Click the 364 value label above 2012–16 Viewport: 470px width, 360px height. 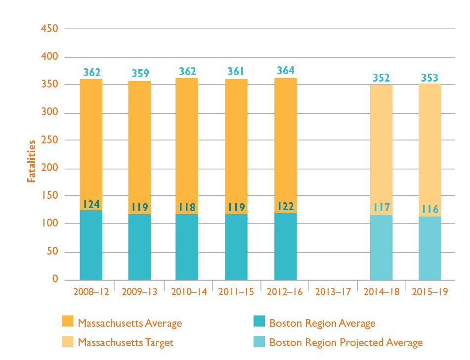(286, 71)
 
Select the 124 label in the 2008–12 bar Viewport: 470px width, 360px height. (91, 204)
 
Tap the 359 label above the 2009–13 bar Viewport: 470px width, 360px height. (139, 73)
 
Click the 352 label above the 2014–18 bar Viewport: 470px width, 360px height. (381, 78)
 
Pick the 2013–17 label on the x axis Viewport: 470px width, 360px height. (333, 292)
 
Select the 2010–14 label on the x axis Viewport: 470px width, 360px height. (188, 292)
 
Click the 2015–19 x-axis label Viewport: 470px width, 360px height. (430, 292)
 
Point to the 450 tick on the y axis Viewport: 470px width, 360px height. (50, 29)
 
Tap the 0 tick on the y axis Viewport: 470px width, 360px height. (55, 279)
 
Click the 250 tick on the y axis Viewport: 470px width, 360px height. (50, 140)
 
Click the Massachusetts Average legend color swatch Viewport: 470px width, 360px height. (67, 321)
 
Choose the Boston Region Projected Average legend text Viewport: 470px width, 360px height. (346, 342)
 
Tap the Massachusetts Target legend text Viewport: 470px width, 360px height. (126, 342)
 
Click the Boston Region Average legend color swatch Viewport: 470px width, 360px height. (257, 321)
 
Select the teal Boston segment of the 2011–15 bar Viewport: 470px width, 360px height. (236, 247)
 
